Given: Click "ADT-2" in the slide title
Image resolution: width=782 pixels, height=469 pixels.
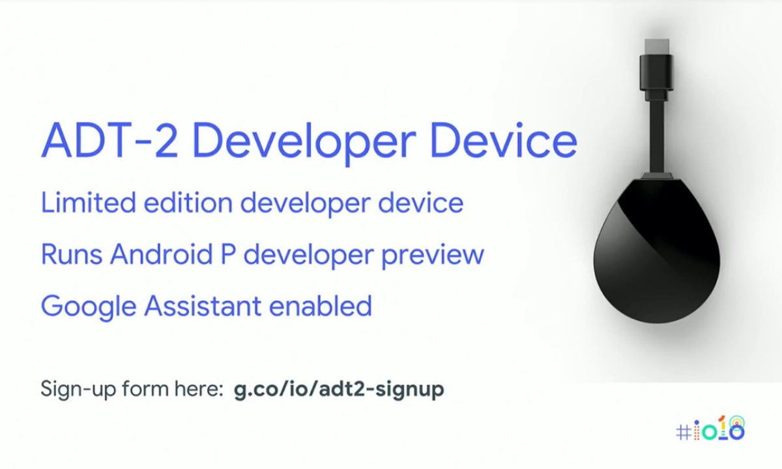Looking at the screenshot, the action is (x=109, y=139).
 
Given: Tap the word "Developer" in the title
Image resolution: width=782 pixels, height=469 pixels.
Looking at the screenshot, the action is (x=304, y=143).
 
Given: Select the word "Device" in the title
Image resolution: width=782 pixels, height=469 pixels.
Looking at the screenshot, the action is (x=504, y=139).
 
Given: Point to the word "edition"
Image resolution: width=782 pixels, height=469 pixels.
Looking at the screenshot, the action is (x=188, y=203).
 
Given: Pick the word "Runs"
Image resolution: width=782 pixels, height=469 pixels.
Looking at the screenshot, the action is (x=72, y=254).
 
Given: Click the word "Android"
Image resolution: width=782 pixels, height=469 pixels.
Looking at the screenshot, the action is (x=162, y=253).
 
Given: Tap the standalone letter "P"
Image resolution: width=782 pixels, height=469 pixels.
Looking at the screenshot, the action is (x=227, y=254).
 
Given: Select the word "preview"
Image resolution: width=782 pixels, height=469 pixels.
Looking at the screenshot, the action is (x=433, y=257).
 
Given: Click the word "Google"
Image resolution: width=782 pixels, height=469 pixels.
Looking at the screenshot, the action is (x=89, y=307).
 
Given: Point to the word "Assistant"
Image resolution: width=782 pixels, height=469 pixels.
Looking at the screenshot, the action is (x=203, y=306).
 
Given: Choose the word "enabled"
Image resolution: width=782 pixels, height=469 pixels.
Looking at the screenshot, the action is (x=321, y=306).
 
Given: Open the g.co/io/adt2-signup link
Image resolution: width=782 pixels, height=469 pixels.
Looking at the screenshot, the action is (x=339, y=390).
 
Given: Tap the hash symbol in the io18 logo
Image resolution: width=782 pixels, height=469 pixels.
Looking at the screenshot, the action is (x=684, y=433).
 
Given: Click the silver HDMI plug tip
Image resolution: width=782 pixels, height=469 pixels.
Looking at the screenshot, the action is (x=657, y=47).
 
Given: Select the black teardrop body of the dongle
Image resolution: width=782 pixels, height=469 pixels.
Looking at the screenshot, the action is (x=656, y=251).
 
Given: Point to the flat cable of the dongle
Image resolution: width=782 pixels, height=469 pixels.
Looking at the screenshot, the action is (x=657, y=136).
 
